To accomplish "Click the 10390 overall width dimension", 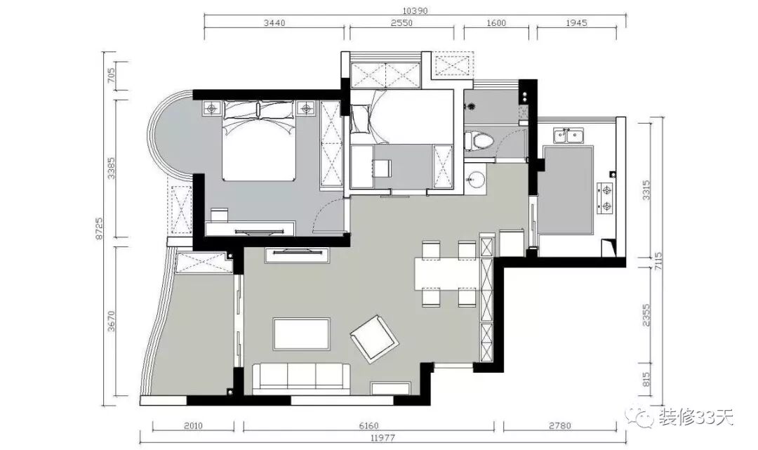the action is pyautogui.click(x=415, y=11).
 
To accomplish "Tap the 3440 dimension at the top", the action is pyautogui.click(x=274, y=22).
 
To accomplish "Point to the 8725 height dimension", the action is pyautogui.click(x=99, y=228).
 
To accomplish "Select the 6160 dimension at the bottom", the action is pyautogui.click(x=369, y=426).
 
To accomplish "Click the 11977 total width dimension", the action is pyautogui.click(x=383, y=438).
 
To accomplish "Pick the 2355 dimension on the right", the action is pyautogui.click(x=647, y=315).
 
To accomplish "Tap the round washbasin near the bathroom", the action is pyautogui.click(x=476, y=178).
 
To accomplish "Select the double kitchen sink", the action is pyautogui.click(x=568, y=136).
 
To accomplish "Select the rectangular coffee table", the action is pyautogui.click(x=302, y=334).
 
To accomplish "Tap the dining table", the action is pyautogui.click(x=448, y=274).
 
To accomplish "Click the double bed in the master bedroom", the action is pyautogui.click(x=259, y=140).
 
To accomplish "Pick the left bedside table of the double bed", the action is pyautogui.click(x=211, y=108).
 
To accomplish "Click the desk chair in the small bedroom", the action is pyautogui.click(x=382, y=168).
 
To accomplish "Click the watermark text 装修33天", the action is pyautogui.click(x=696, y=417).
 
